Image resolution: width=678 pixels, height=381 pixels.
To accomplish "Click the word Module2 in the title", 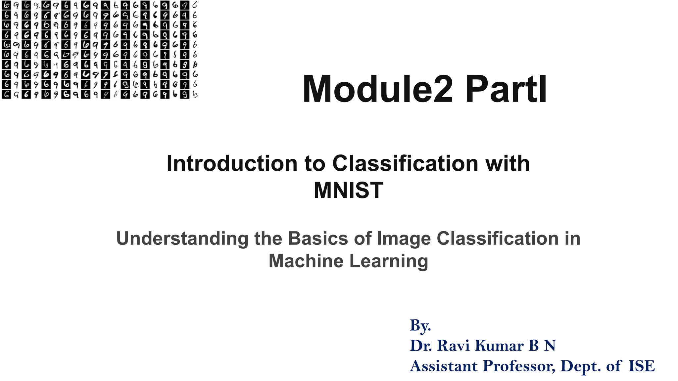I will pos(378,89).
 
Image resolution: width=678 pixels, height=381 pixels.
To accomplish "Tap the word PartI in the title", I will pos(506,89).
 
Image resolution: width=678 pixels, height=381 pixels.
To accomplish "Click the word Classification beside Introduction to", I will pos(405,163).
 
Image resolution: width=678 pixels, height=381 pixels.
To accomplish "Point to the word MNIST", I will pos(348,190).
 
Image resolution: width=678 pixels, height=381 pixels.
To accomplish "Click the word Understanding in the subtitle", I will pos(182,238).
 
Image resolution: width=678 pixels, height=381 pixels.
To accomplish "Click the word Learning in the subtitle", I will pos(389,261).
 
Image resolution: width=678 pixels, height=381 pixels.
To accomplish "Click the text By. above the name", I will pos(420,325).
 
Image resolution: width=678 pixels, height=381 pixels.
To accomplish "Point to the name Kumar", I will pos(499,346).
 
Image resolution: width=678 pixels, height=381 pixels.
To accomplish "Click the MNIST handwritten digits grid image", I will pos(99,50).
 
